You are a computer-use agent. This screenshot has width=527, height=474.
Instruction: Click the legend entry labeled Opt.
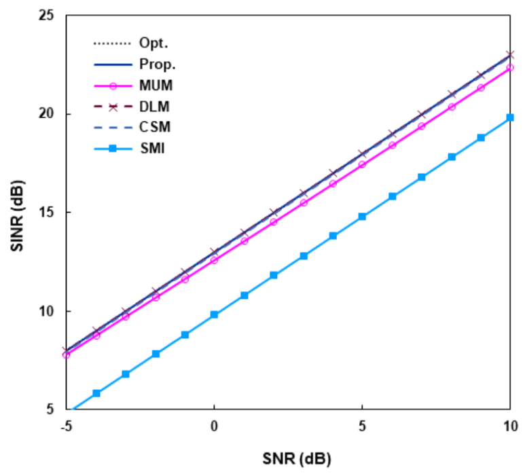coord(153,43)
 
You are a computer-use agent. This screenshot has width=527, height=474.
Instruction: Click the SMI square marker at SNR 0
coord(214,314)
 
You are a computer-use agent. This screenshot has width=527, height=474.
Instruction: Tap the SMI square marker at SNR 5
coord(362,217)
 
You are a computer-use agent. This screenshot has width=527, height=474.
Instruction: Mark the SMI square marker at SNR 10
coord(510,117)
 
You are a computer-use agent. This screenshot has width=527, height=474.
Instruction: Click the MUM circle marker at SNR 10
coord(510,67)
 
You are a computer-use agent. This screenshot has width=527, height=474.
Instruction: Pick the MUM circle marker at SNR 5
coord(362,164)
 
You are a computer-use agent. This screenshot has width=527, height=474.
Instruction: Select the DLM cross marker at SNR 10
coord(510,54)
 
